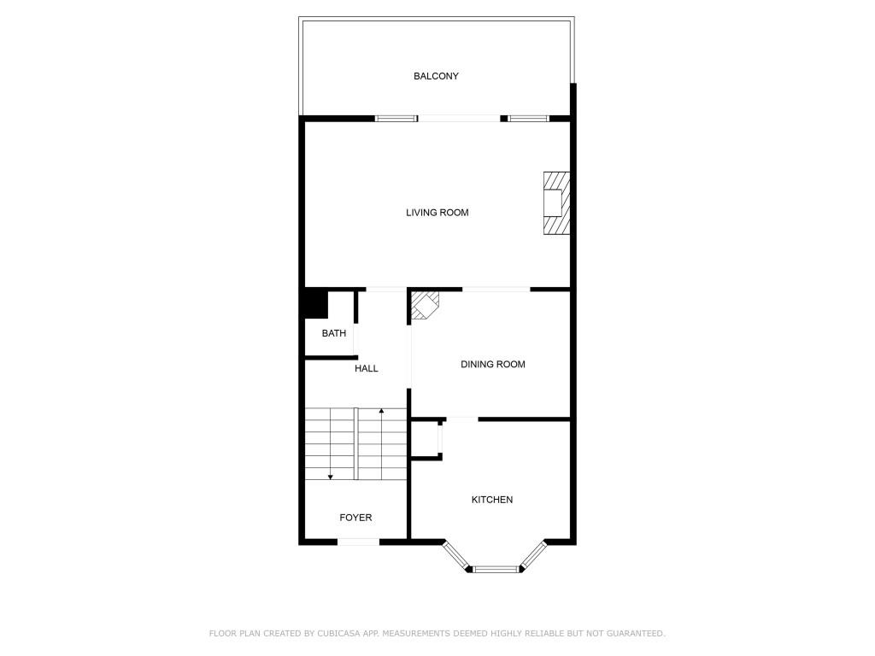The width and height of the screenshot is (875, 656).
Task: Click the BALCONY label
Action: click(x=436, y=76)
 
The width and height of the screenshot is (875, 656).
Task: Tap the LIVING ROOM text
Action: click(x=437, y=213)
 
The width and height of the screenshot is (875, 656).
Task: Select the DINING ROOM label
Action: click(x=492, y=365)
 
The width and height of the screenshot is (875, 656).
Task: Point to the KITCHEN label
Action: click(x=492, y=500)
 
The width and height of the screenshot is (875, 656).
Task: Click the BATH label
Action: click(x=334, y=333)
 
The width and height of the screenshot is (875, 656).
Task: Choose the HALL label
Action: click(x=367, y=368)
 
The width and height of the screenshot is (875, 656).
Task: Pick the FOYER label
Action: click(x=355, y=518)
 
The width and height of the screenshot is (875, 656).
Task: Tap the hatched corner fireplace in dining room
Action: click(x=425, y=305)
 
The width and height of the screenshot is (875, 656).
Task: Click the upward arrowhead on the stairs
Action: click(x=381, y=413)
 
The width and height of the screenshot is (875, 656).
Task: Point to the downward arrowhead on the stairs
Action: click(x=331, y=476)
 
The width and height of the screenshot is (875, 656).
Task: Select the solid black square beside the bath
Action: click(x=313, y=305)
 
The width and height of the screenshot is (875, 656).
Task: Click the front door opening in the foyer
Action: click(x=359, y=542)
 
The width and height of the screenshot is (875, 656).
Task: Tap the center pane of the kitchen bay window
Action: click(x=496, y=569)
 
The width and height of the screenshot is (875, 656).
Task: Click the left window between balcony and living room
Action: click(x=396, y=119)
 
